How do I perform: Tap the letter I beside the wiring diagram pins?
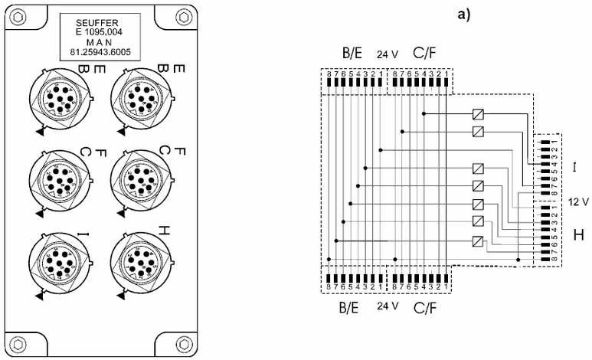tap(574, 164)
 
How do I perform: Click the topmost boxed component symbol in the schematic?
tap(477, 114)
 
